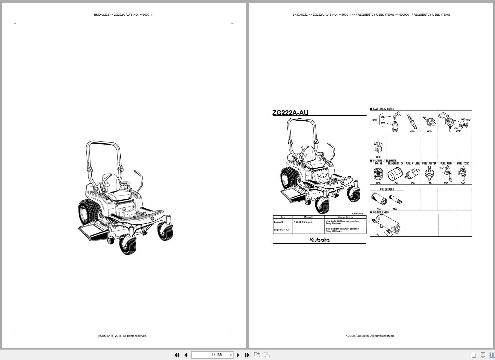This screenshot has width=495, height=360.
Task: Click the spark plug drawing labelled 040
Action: [x=412, y=121]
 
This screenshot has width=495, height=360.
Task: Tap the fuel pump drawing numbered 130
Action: [x=446, y=174]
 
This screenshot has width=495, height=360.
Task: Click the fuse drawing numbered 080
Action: [x=378, y=147]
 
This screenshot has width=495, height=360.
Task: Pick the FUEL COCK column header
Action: [x=463, y=164]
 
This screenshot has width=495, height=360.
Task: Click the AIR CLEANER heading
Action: [x=387, y=189]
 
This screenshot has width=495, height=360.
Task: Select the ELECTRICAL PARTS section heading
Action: [x=383, y=109]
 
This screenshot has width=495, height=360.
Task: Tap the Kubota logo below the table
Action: [x=320, y=240]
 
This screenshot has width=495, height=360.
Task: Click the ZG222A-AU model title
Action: [x=290, y=113]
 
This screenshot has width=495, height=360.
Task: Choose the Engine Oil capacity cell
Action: [x=303, y=222]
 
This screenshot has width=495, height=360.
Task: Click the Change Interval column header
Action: [x=345, y=217]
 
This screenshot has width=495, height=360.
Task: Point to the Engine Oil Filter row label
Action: [x=282, y=230]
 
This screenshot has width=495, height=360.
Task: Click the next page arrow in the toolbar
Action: [x=238, y=355]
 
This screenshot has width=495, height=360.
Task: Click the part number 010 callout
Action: [x=374, y=120]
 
